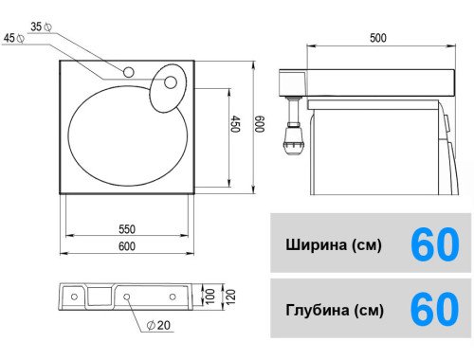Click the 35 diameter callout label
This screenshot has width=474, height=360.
[x=42, y=27]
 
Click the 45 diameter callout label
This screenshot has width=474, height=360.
[x=14, y=38]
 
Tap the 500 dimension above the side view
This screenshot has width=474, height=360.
[x=378, y=38]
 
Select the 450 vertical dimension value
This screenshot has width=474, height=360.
[x=235, y=124]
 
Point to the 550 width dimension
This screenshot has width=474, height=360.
[x=127, y=229]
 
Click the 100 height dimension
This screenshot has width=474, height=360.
[x=210, y=297]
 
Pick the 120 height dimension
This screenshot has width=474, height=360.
[x=230, y=297]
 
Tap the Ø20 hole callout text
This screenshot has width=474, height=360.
[x=159, y=325]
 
